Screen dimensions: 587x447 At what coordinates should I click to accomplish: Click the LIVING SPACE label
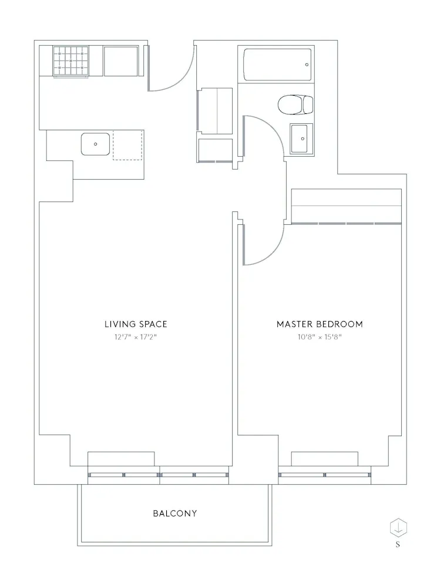point(136,324)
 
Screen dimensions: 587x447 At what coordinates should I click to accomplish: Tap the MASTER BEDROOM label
point(320,324)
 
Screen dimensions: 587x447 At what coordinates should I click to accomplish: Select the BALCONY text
point(175,513)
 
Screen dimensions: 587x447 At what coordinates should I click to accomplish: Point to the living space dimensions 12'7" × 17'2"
point(136,338)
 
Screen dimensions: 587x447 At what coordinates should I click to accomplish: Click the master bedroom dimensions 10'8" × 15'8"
point(320,338)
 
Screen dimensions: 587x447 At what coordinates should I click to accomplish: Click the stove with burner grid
point(70,60)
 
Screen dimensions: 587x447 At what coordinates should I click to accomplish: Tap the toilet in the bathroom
point(295,105)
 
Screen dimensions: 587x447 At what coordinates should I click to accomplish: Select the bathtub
point(277,64)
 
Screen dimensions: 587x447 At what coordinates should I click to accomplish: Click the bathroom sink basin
point(301,139)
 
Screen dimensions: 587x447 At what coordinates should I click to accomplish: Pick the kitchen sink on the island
point(95,144)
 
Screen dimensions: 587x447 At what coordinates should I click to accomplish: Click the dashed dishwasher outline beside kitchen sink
point(127,145)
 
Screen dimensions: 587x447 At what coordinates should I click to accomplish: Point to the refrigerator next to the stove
point(122,60)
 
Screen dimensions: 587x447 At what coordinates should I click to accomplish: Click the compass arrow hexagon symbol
point(398,527)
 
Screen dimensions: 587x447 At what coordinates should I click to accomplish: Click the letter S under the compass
point(398,545)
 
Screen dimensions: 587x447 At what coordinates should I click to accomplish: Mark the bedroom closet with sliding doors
point(347,207)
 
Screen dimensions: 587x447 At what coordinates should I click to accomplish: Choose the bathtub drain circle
point(307,65)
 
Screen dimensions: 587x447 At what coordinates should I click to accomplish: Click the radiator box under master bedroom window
point(325,459)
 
